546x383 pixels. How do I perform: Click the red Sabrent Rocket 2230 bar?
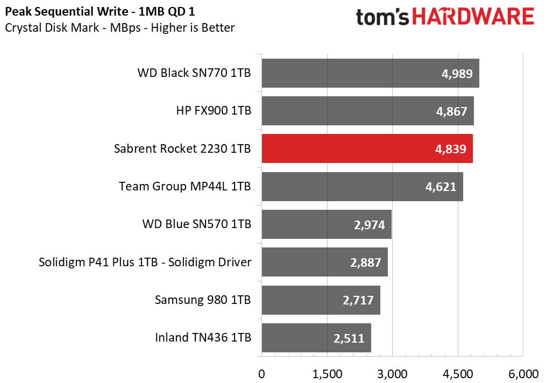(367, 148)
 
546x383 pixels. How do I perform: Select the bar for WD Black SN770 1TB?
(371, 73)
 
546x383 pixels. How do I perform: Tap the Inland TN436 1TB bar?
(316, 338)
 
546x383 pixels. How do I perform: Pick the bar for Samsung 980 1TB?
(321, 300)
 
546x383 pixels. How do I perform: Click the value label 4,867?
(451, 111)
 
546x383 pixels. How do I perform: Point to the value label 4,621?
(441, 187)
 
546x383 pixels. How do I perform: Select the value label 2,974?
(369, 225)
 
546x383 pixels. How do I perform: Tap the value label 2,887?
(365, 263)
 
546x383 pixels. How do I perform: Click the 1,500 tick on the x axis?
(327, 374)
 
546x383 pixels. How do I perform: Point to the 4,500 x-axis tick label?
(458, 374)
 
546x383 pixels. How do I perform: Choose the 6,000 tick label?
(523, 374)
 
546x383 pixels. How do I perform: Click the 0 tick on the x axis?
(261, 374)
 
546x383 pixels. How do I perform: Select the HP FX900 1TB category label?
(214, 111)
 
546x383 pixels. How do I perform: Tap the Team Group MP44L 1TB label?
(185, 186)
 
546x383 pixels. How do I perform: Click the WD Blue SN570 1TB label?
(197, 224)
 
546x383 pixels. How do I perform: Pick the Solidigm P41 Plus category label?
(145, 262)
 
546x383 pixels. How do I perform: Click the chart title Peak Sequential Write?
(100, 12)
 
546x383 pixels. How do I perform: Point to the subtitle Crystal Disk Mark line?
(120, 28)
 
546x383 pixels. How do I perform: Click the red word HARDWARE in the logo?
(473, 17)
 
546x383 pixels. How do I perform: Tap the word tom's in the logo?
(382, 17)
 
